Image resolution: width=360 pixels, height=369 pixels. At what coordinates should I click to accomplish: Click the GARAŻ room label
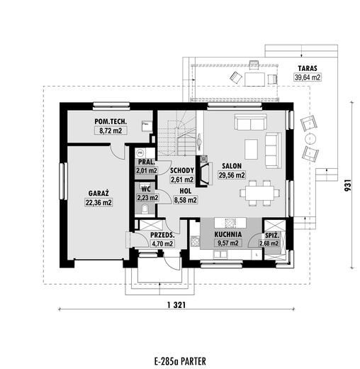pyautogui.click(x=99, y=193)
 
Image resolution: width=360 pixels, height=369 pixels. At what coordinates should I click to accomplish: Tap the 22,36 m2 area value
pyautogui.click(x=99, y=203)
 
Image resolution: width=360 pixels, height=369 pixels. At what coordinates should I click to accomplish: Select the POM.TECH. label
pyautogui.click(x=111, y=121)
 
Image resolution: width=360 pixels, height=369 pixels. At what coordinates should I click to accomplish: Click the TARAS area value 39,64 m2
pyautogui.click(x=308, y=77)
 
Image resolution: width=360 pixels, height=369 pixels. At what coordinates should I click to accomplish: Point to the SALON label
pyautogui.click(x=232, y=166)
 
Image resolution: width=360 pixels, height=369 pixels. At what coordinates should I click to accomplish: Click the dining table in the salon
pyautogui.click(x=260, y=193)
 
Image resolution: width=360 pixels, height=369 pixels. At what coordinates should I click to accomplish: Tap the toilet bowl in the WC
pyautogui.click(x=145, y=209)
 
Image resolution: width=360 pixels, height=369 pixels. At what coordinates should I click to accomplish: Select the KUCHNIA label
pyautogui.click(x=228, y=234)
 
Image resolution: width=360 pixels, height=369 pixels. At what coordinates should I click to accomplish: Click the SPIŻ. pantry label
pyautogui.click(x=272, y=236)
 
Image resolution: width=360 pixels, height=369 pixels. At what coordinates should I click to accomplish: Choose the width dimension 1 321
pyautogui.click(x=176, y=305)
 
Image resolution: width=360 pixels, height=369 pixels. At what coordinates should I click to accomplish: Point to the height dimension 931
pyautogui.click(x=349, y=185)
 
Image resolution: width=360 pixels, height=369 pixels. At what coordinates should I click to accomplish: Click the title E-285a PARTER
pyautogui.click(x=180, y=361)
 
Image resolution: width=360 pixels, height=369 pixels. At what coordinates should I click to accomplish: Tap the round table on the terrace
pyautogui.click(x=310, y=139)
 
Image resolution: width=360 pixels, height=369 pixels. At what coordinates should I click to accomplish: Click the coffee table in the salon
pyautogui.click(x=251, y=149)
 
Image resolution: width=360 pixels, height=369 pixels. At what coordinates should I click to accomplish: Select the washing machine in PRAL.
pyautogui.click(x=140, y=153)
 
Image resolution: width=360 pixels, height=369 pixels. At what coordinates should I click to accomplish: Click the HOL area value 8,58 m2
pyautogui.click(x=186, y=200)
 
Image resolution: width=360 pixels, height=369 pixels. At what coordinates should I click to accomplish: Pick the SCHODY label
pyautogui.click(x=182, y=170)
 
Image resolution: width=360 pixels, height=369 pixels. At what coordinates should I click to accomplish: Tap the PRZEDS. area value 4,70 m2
pyautogui.click(x=162, y=243)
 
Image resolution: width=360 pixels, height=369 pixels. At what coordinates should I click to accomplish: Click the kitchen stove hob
pyautogui.click(x=196, y=241)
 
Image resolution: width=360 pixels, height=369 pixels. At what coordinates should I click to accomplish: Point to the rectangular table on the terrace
pyautogui.click(x=254, y=79)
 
